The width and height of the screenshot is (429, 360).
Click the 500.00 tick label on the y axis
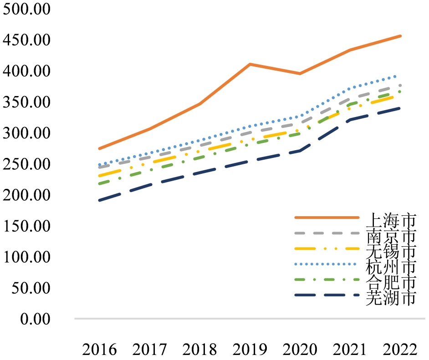(26, 10)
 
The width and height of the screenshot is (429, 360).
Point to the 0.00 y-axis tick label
(35, 319)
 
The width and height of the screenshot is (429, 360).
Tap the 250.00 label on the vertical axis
(26, 164)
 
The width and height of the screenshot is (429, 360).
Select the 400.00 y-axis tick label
(26, 71)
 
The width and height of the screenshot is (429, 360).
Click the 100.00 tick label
(26, 257)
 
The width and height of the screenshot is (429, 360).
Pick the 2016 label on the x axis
(99, 350)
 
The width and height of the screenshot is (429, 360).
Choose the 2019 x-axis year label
(250, 350)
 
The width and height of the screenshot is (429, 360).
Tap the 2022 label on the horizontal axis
(400, 350)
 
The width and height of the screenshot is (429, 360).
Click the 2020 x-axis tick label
(300, 350)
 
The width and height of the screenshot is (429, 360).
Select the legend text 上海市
(390, 220)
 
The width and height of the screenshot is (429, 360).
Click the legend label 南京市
(390, 236)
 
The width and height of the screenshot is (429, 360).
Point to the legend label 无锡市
(390, 251)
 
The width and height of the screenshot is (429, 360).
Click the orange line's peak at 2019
(250, 64)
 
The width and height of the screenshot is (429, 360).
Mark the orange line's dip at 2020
(300, 73)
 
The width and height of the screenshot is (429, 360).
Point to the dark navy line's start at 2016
(99, 200)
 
